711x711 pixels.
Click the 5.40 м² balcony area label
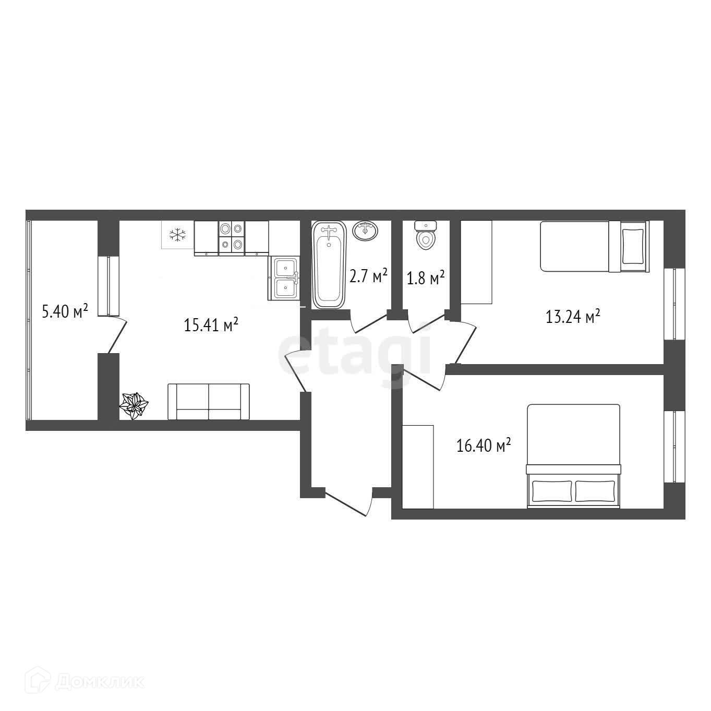[x=65, y=311]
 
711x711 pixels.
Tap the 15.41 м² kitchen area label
[x=211, y=324]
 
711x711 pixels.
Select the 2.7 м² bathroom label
[x=368, y=275]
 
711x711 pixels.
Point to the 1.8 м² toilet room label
[x=426, y=278]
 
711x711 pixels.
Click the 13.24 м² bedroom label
[x=573, y=316]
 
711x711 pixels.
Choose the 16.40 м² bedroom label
[x=484, y=445]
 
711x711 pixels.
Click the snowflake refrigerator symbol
[x=177, y=235]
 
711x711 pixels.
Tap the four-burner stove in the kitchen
[x=232, y=238]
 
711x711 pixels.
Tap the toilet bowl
[x=426, y=235]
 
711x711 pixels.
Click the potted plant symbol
[x=134, y=405]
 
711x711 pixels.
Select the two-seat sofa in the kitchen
[x=209, y=402]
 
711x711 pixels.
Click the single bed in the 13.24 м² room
[x=594, y=246]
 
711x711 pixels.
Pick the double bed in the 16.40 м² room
[x=573, y=456]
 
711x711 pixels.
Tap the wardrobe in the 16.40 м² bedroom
[x=418, y=467]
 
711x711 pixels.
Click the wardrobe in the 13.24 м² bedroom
[x=476, y=262]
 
